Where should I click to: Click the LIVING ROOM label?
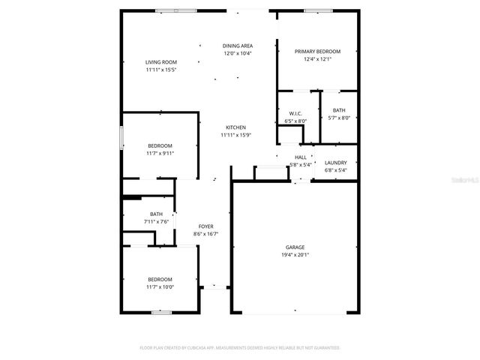coord(160,62)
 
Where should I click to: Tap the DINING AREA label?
coord(237,46)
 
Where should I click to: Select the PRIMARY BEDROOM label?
coord(317,52)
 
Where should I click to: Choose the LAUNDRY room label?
coord(335,163)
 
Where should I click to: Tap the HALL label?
coord(299,157)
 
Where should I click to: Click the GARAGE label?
coord(295,247)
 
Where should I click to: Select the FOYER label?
coord(205,226)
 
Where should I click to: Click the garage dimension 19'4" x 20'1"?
coord(295,254)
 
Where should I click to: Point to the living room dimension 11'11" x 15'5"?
coord(160,70)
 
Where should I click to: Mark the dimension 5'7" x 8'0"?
coord(339,118)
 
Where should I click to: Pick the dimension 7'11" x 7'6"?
coord(156,221)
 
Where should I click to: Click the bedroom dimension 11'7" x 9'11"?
coord(160,153)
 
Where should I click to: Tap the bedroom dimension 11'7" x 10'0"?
coord(160,286)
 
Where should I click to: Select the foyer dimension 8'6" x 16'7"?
coord(205,234)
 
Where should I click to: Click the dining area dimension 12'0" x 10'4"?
coord(237,54)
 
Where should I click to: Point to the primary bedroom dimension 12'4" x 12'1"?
coord(317,59)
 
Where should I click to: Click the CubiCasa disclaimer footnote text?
coord(240,348)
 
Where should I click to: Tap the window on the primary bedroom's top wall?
coord(315,10)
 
